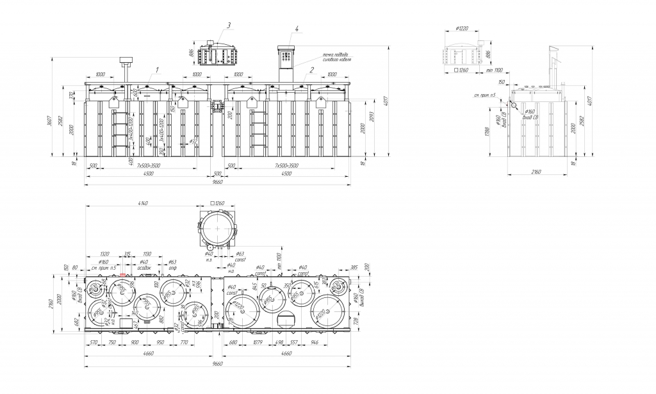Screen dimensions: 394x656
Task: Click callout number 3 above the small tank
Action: pos(229,26)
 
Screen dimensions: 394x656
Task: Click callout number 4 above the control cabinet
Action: pos(297,29)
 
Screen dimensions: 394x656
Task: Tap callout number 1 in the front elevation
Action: pos(156,69)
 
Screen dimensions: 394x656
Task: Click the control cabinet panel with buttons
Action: pos(286,62)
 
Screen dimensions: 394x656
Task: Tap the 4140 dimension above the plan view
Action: pos(143,204)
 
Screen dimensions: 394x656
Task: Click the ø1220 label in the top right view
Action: pos(463,29)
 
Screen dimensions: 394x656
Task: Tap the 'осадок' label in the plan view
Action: pos(145,268)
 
